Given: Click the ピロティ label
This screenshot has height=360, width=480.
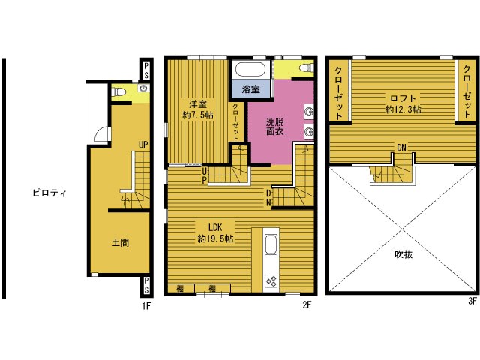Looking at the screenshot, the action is pos(49,193).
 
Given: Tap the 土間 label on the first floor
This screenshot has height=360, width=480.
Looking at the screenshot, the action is pos(120,243).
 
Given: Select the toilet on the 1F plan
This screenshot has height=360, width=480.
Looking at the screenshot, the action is pos(118,91).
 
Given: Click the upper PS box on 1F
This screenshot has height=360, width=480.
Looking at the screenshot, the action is pos(146,70).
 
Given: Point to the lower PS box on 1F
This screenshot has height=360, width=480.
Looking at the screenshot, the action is pos(146,285).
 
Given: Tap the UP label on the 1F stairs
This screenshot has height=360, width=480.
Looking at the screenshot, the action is pos(143,145).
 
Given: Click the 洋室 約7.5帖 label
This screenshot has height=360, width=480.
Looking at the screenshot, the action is pos(198,109).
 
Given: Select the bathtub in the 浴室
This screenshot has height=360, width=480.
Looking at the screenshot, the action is pos(250,70).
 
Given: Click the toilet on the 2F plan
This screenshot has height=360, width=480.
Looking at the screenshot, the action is pos(307,67).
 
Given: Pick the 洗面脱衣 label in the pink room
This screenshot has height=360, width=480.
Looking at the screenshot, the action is pos(275,127).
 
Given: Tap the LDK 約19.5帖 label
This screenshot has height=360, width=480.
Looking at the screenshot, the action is pos(215,233).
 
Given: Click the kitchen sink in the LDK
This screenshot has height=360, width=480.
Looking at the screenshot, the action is pos(271,244).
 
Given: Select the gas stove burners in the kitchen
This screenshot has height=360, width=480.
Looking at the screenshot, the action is pos(271,280).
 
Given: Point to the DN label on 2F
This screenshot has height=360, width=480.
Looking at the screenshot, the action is pos(268,198).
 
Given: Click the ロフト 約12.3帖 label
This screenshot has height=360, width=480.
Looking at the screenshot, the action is pos(403,103).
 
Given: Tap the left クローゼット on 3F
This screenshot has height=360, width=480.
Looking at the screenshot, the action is pos(338,93).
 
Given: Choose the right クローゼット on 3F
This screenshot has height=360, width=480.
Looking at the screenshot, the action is pos(466,91).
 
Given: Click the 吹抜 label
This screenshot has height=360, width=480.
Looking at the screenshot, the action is pos(403,254).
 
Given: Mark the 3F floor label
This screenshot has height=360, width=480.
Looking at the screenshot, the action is pos(472,301).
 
